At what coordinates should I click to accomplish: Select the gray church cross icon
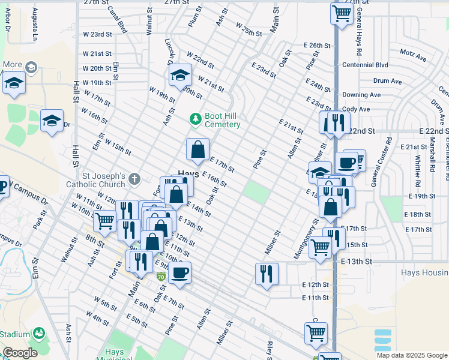pyautogui.click(x=134, y=178)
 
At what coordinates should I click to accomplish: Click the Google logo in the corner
pyautogui.click(x=20, y=353)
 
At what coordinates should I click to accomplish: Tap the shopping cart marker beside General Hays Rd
pyautogui.click(x=342, y=13)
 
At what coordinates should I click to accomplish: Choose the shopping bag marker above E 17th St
pyautogui.click(x=197, y=150)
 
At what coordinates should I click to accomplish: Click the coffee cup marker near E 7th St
pyautogui.click(x=179, y=273)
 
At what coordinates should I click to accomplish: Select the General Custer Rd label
pyautogui.click(x=373, y=162)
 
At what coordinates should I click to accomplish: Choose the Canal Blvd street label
pyautogui.click(x=117, y=20)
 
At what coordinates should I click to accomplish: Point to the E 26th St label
pyautogui.click(x=318, y=46)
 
